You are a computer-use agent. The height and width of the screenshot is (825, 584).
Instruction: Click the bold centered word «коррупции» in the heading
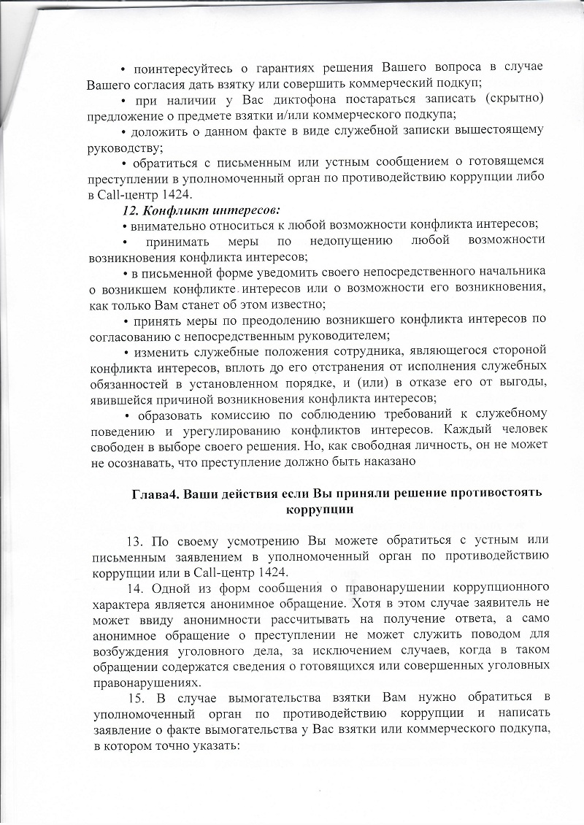click(321, 509)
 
